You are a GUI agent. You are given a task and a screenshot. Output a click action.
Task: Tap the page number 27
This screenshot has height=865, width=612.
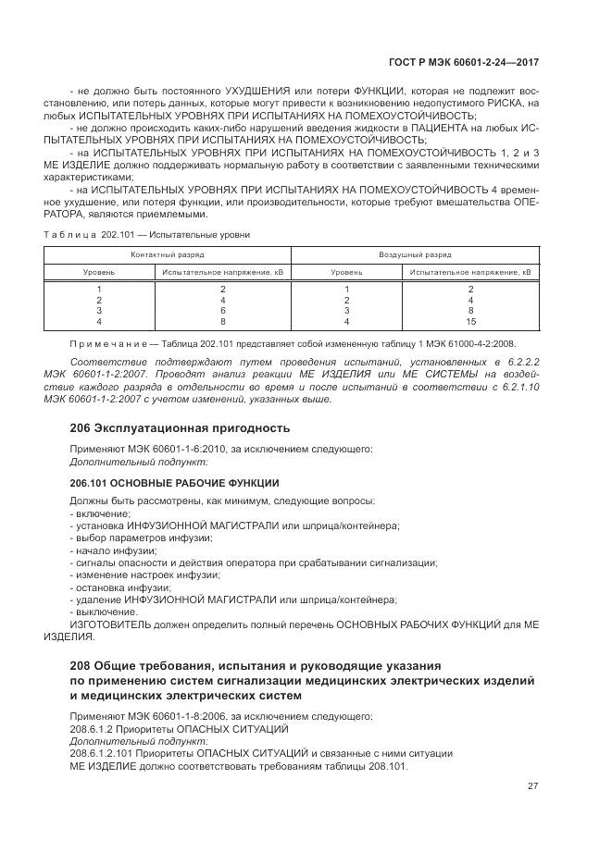pos(532,786)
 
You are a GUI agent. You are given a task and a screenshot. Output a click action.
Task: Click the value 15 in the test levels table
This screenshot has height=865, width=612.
pos(471,321)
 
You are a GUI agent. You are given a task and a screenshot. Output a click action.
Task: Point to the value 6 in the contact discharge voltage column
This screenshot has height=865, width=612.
pos(223,311)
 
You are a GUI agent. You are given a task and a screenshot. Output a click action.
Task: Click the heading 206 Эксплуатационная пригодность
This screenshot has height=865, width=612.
pos(180,427)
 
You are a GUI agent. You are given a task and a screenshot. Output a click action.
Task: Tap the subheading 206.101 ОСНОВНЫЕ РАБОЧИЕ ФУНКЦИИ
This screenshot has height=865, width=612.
pos(174,483)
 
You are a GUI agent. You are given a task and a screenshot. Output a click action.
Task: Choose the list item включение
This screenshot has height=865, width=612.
pos(103,513)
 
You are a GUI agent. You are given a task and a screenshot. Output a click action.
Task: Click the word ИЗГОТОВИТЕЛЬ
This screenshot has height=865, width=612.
pos(109,624)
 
